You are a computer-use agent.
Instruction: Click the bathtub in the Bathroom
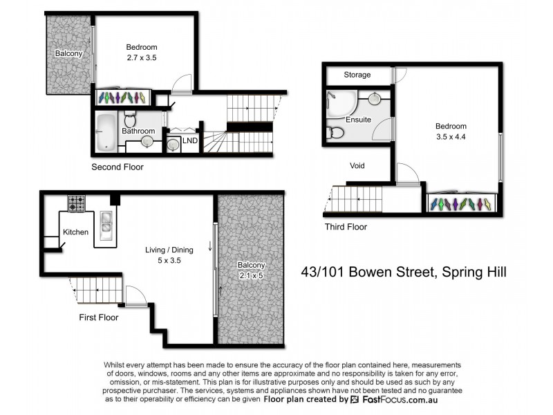(x=106, y=132)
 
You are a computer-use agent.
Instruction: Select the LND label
(x=190, y=141)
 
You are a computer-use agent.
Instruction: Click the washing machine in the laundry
(x=174, y=144)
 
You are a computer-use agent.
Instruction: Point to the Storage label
(x=357, y=75)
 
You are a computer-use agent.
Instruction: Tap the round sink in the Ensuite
(x=374, y=98)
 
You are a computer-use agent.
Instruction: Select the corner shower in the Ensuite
(x=339, y=103)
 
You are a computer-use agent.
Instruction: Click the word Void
(x=357, y=166)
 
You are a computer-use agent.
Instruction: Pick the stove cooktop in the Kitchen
(x=76, y=204)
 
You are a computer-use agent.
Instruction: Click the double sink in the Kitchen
(x=107, y=223)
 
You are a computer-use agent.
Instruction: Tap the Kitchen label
(x=75, y=232)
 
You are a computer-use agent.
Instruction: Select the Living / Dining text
(x=169, y=250)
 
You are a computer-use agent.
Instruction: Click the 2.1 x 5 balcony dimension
(x=250, y=275)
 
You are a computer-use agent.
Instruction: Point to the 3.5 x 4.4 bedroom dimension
(x=450, y=136)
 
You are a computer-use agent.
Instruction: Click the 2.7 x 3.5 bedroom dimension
(x=142, y=58)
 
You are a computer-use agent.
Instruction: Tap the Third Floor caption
(x=346, y=227)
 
